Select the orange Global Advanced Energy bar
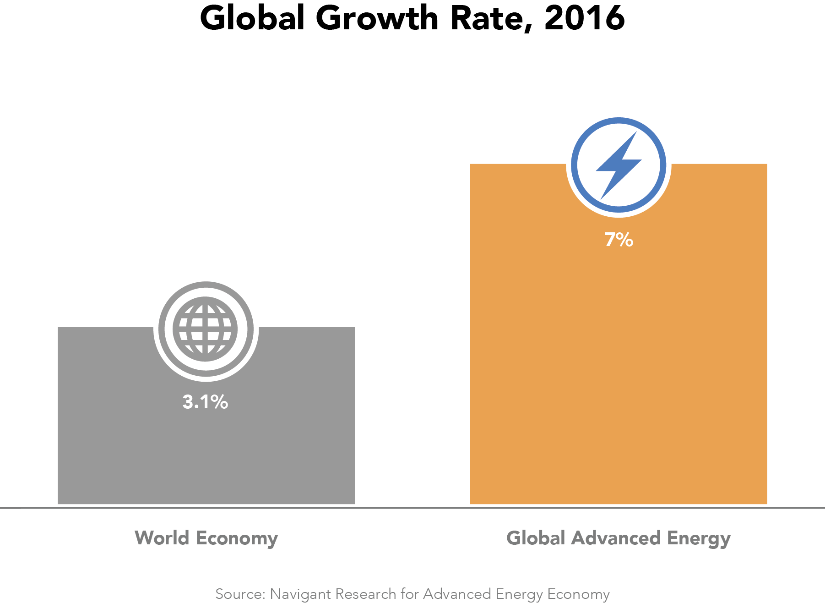[x=618, y=367]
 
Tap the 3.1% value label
[x=205, y=402]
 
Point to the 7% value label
[x=619, y=240]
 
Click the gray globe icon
[x=206, y=329]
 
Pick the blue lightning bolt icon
[x=619, y=165]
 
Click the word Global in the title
[x=252, y=18]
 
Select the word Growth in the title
[x=377, y=18]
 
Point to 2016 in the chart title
[x=585, y=18]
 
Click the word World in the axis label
[x=162, y=538]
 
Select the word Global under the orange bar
[x=535, y=538]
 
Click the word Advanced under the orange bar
[x=616, y=538]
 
